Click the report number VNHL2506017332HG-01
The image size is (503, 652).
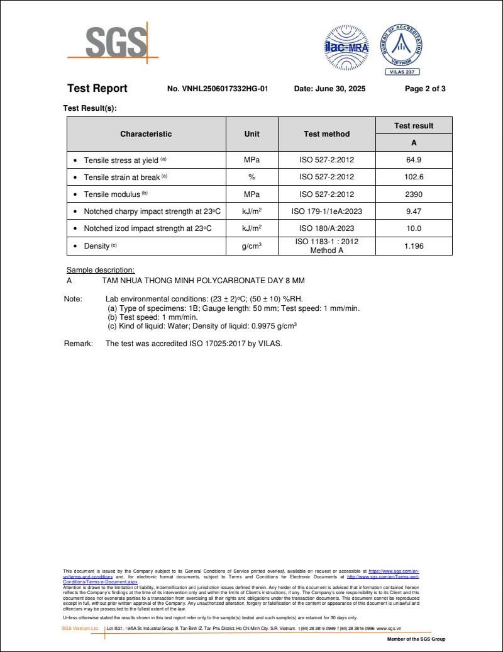(x=218, y=89)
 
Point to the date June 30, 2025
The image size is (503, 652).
(x=329, y=89)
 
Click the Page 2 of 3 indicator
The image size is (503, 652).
(x=425, y=89)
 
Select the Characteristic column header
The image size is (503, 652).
(x=146, y=134)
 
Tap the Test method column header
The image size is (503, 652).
(x=326, y=134)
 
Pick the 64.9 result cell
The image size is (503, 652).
(x=414, y=160)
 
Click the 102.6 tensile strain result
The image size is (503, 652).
(x=414, y=177)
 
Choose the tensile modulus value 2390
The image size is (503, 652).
(x=414, y=194)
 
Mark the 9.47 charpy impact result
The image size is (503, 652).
(x=414, y=211)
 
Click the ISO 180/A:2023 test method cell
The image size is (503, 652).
(x=326, y=228)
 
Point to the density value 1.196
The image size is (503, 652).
(x=414, y=245)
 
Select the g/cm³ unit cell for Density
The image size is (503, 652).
(x=251, y=245)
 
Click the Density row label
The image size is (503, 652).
(x=97, y=245)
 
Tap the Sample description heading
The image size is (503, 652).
(x=101, y=270)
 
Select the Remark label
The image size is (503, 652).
(x=78, y=344)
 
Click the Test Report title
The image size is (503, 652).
(x=97, y=88)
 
